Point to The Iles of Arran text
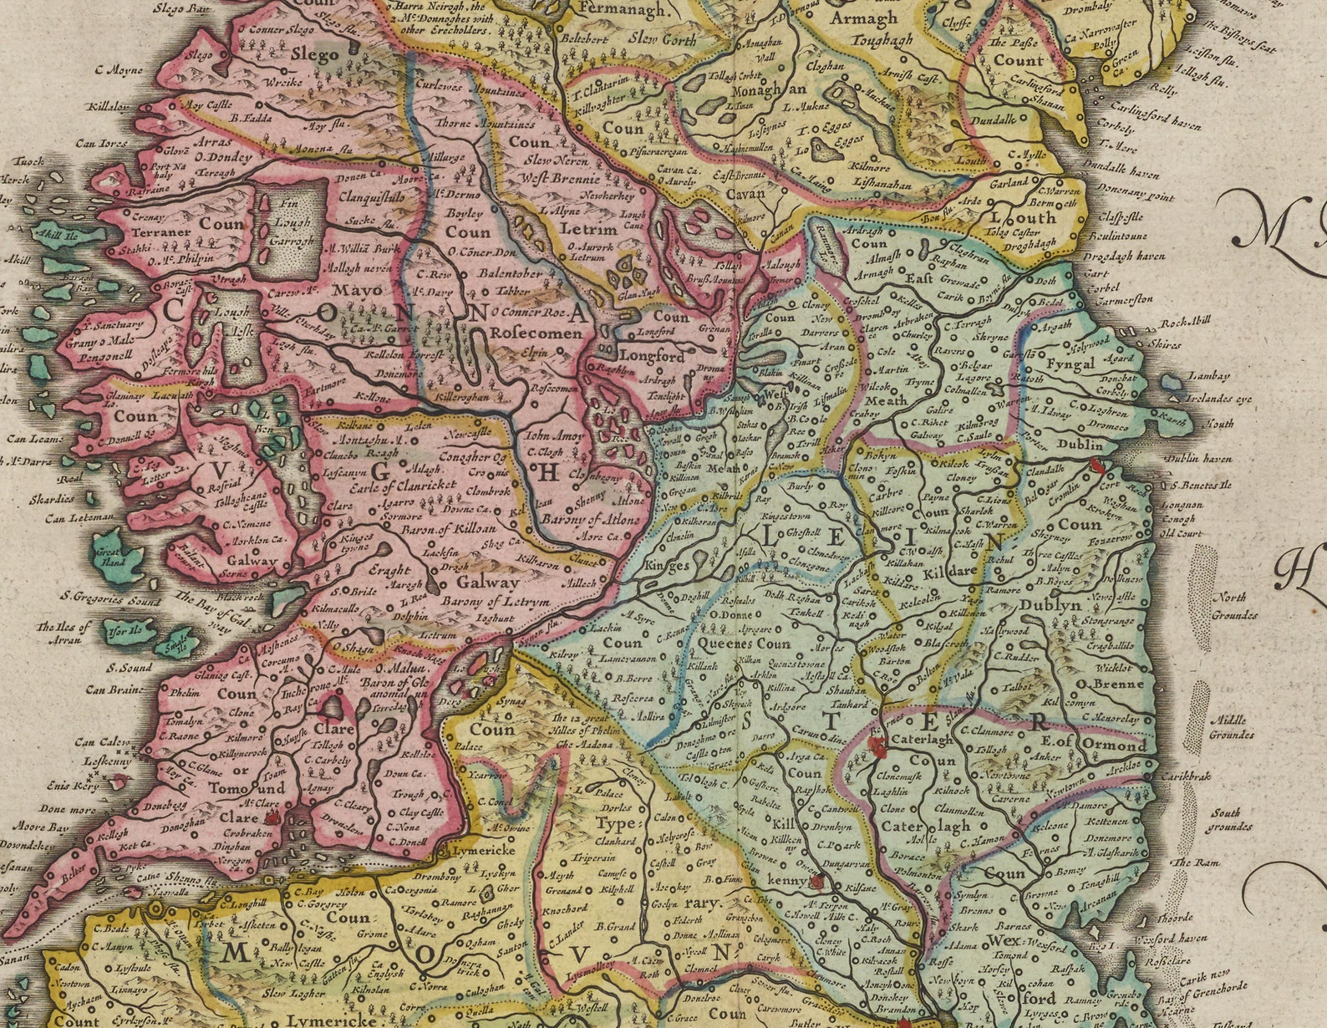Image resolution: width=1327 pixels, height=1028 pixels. [59, 633]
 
